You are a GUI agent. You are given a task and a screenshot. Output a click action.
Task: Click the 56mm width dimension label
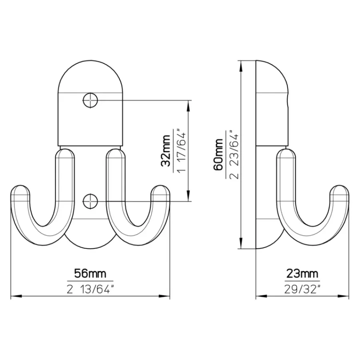pos(90,274)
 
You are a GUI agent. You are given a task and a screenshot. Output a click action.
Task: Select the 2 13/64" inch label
pos(90,290)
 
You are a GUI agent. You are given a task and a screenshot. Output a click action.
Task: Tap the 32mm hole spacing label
pos(166,151)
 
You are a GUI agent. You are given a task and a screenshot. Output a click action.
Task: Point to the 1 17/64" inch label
pos(181,152)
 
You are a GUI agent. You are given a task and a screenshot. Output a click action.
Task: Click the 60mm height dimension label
pos(218,154)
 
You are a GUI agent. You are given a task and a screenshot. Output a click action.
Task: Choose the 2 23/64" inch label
pos(234,155)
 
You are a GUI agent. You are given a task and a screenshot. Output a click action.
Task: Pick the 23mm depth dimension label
pos(302,274)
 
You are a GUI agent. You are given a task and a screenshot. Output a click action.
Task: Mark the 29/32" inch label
pos(302,290)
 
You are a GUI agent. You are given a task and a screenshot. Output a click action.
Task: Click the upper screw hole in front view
pos(90,100)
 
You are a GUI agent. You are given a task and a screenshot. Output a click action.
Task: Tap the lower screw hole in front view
pos(90,201)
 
